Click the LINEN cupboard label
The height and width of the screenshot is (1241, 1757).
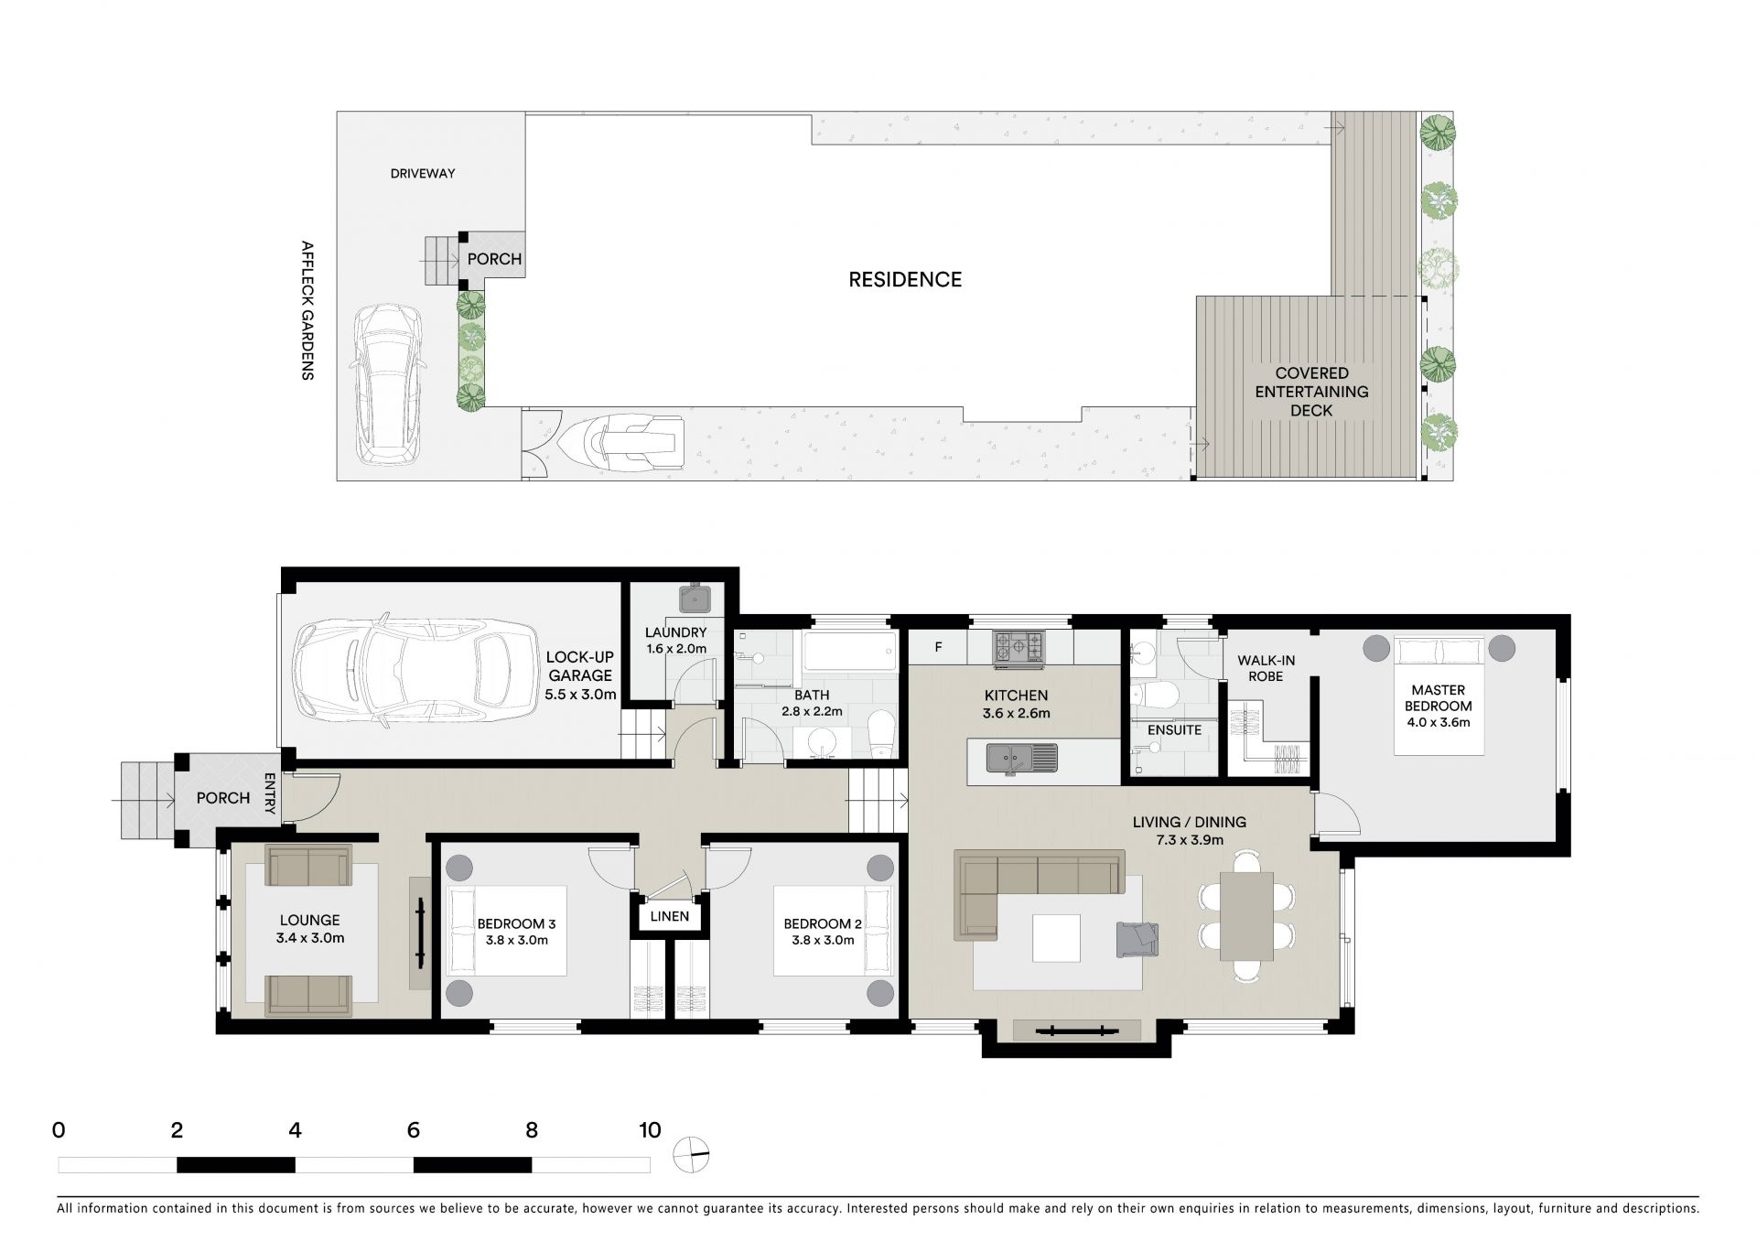pyautogui.click(x=670, y=916)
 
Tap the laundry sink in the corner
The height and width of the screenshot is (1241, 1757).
pyautogui.click(x=695, y=599)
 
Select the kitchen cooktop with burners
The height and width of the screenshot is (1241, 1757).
pyautogui.click(x=1019, y=646)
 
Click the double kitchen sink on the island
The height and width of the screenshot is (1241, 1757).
pyautogui.click(x=1021, y=758)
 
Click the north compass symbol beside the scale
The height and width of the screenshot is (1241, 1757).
pyautogui.click(x=691, y=1155)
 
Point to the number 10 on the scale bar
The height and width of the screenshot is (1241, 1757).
pyautogui.click(x=649, y=1130)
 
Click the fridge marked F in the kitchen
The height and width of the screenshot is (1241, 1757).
pyautogui.click(x=937, y=647)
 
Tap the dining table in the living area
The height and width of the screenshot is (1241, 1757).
pyautogui.click(x=1246, y=915)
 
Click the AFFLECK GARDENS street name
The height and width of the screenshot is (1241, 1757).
pyautogui.click(x=307, y=310)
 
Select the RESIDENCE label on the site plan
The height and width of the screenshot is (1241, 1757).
pyautogui.click(x=905, y=280)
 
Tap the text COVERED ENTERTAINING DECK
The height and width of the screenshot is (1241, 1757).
pyautogui.click(x=1311, y=392)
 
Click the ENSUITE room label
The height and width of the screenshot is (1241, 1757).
pyautogui.click(x=1174, y=730)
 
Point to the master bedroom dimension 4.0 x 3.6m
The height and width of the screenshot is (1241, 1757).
pyautogui.click(x=1439, y=722)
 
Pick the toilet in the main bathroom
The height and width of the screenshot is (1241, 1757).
pyautogui.click(x=882, y=736)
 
